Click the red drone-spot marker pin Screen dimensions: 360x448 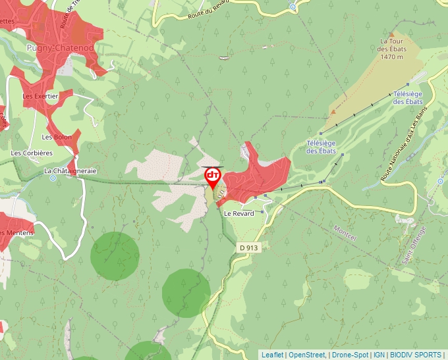tap(213, 176)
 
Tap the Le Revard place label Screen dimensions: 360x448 tap(238, 213)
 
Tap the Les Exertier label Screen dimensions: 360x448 tap(40, 96)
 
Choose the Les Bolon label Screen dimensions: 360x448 tap(56, 137)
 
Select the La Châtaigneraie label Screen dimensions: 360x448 tap(70, 170)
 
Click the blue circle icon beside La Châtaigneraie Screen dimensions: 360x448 tap(53, 178)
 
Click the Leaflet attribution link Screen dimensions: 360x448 tap(272, 355)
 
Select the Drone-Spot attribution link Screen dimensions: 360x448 tap(350, 355)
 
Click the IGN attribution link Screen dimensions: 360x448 tap(379, 355)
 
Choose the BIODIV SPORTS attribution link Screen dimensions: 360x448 tap(416, 355)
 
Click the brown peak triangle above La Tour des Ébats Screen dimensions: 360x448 tap(392, 34)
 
